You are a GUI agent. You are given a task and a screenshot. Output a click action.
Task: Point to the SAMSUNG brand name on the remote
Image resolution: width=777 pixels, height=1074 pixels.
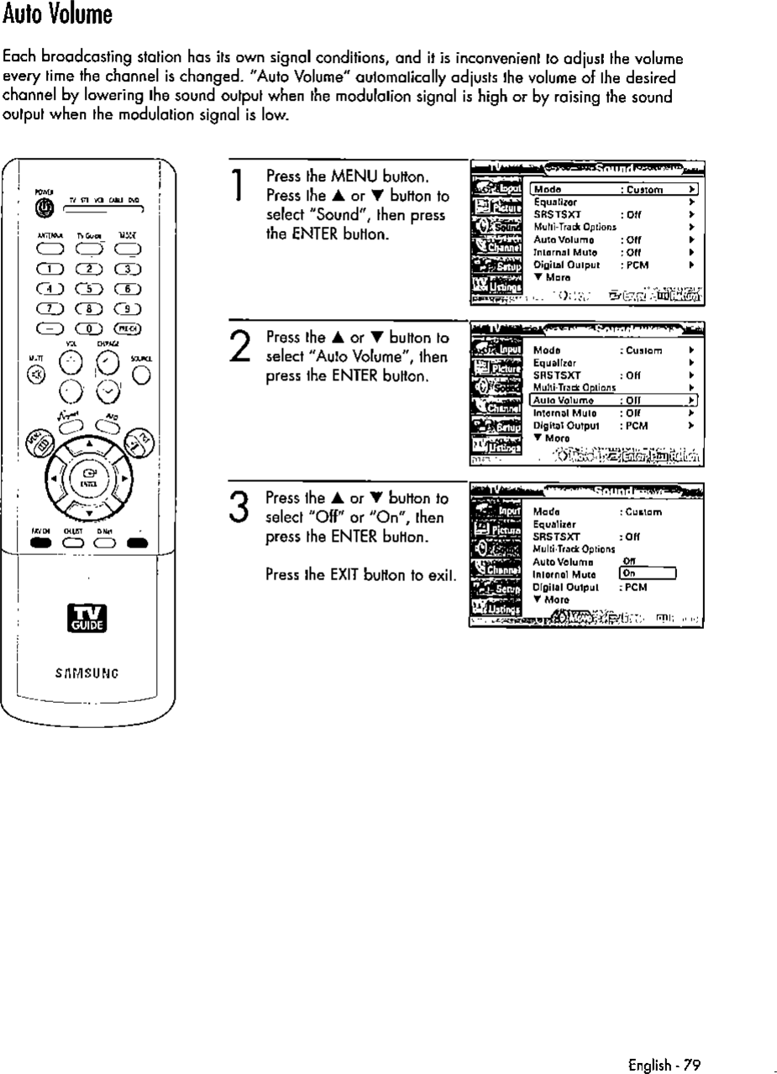tap(87, 669)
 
